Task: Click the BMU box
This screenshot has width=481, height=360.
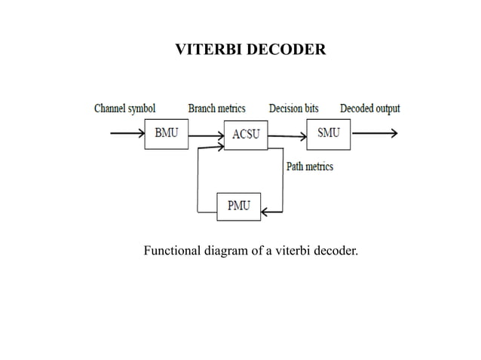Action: [x=166, y=134]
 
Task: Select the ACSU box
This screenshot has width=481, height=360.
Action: [x=246, y=135]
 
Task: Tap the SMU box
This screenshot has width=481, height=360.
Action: [x=328, y=133]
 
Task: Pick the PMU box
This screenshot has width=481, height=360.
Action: [x=238, y=206]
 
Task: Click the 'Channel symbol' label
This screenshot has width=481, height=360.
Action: [x=124, y=108]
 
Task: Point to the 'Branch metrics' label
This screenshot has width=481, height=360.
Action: [x=216, y=108]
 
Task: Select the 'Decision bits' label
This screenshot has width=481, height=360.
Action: [x=293, y=108]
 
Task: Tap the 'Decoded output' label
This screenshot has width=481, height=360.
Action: [x=369, y=108]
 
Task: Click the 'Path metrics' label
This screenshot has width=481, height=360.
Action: [x=309, y=166]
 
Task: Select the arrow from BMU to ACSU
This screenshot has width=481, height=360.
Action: [x=205, y=136]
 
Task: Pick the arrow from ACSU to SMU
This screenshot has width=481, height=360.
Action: [x=287, y=136]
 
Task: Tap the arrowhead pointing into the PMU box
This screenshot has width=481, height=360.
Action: [x=265, y=211]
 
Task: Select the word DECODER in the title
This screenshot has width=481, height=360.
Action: [x=290, y=50]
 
